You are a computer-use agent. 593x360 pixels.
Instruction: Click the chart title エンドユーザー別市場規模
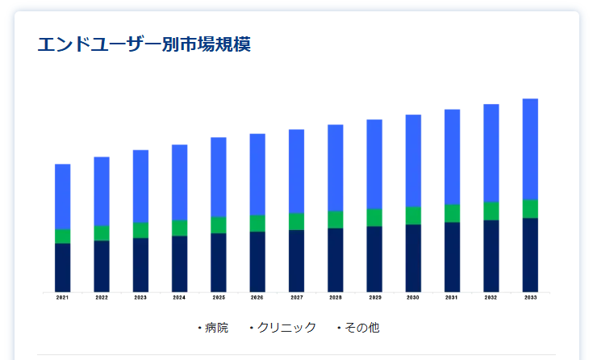tap(144, 44)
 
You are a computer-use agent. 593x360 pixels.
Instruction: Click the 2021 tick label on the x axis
tap(62, 298)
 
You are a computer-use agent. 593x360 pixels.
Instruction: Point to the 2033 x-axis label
tap(530, 298)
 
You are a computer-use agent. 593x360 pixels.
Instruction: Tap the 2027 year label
tap(296, 298)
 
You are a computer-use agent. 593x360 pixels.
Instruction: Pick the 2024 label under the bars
tap(179, 298)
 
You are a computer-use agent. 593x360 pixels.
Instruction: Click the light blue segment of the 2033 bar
tap(530, 149)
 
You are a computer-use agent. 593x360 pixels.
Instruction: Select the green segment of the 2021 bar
tap(62, 236)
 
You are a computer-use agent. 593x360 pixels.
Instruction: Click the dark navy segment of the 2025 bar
tap(219, 262)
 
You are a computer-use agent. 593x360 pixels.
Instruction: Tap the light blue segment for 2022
tap(102, 191)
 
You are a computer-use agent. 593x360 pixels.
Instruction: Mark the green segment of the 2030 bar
tap(413, 216)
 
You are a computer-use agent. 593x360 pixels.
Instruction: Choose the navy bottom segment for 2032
tap(491, 255)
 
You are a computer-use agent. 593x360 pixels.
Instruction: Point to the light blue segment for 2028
tap(336, 168)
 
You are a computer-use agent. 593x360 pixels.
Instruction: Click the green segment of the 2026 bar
tap(257, 223)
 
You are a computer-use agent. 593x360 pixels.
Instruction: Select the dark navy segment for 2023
tap(140, 264)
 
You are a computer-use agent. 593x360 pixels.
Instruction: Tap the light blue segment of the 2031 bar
tap(452, 157)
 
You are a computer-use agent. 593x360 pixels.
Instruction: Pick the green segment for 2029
tap(374, 217)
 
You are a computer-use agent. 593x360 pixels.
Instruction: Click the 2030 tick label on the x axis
tap(413, 298)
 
